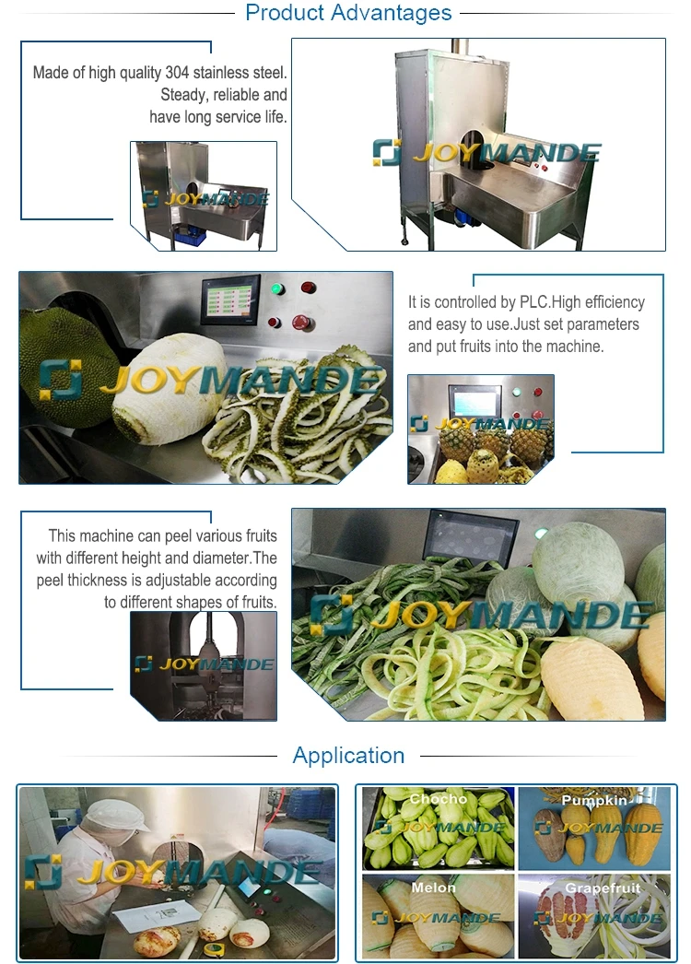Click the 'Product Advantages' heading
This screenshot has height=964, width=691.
coord(348,13)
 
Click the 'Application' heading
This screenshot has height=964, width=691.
coord(348,756)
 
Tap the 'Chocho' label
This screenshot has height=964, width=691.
coord(438,799)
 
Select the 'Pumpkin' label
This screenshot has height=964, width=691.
coord(594,801)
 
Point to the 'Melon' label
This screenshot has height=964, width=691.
coord(434,888)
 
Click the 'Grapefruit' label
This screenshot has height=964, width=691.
coord(603,888)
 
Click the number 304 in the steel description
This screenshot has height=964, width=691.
coord(205,72)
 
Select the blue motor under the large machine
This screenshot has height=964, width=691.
coord(458,213)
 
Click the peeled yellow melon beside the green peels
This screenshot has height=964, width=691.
coord(590,677)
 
